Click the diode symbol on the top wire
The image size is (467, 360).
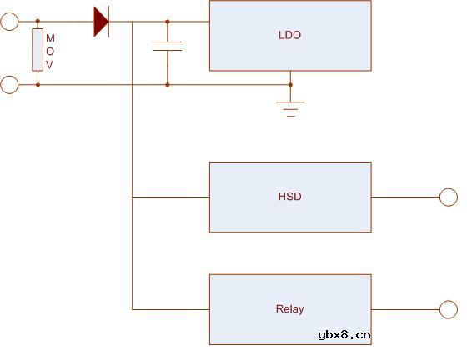[101, 22]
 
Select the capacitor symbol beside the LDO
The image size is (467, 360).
[168, 46]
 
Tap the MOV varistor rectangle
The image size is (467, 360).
[37, 50]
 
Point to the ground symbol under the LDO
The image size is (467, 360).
[290, 107]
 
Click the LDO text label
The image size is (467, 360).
[289, 36]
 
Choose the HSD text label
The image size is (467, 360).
[289, 197]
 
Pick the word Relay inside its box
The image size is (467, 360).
[289, 309]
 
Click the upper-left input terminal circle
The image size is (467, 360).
[9, 22]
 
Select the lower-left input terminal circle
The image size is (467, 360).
[9, 84]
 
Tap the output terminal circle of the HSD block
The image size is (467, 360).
[449, 197]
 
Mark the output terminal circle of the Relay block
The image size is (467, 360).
[449, 309]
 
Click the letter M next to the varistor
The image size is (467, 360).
[50, 38]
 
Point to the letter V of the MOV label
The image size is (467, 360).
[50, 64]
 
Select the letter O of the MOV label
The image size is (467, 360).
[50, 51]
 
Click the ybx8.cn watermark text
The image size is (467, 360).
[344, 335]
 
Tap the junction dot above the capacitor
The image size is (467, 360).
[168, 22]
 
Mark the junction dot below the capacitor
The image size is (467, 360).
[168, 84]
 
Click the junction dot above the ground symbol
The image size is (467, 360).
[290, 84]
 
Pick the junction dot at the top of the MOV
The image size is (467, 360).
[37, 22]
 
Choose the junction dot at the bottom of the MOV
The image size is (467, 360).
[37, 84]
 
